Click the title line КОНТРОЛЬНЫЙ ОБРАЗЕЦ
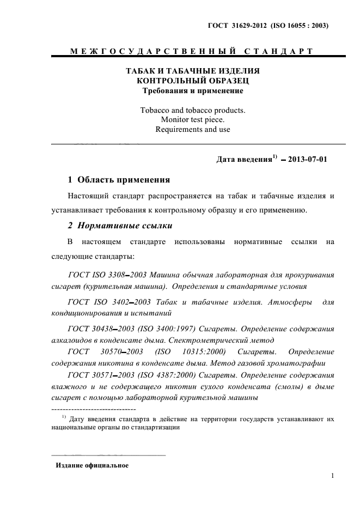192,81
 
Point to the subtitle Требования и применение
192,90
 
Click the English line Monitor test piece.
192,119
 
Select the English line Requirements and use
192,130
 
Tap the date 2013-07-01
308,160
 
